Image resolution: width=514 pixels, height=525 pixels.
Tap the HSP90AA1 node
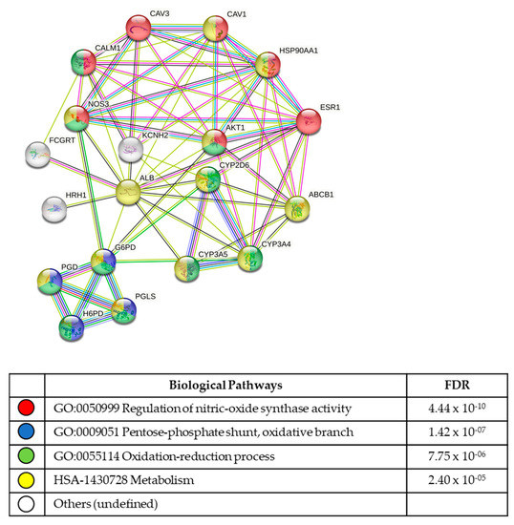tap(268, 65)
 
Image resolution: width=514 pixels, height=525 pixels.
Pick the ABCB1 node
tap(297, 208)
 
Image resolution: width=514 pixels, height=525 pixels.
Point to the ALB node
tap(130, 194)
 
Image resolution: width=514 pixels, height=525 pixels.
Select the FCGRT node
tap(37, 154)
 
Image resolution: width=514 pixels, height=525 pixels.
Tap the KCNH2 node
tap(131, 149)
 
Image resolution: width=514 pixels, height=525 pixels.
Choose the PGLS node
tap(124, 311)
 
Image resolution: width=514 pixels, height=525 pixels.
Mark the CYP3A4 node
tap(250, 259)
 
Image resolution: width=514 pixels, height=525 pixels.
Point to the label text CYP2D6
tap(234, 164)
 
